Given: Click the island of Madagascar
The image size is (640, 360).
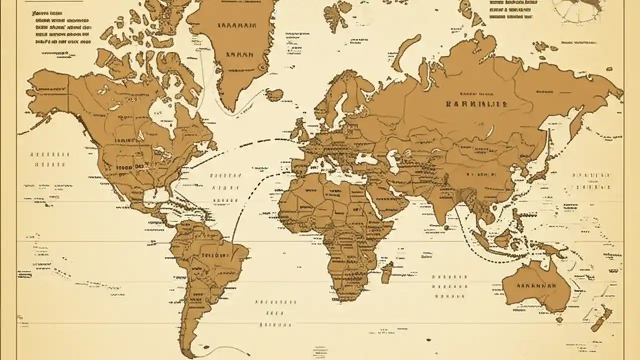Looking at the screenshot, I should tap(386, 272).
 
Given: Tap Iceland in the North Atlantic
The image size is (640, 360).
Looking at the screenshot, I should tap(274, 94).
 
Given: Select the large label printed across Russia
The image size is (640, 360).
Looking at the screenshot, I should tap(476, 104).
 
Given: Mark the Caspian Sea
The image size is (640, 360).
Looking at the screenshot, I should tap(393, 160).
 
